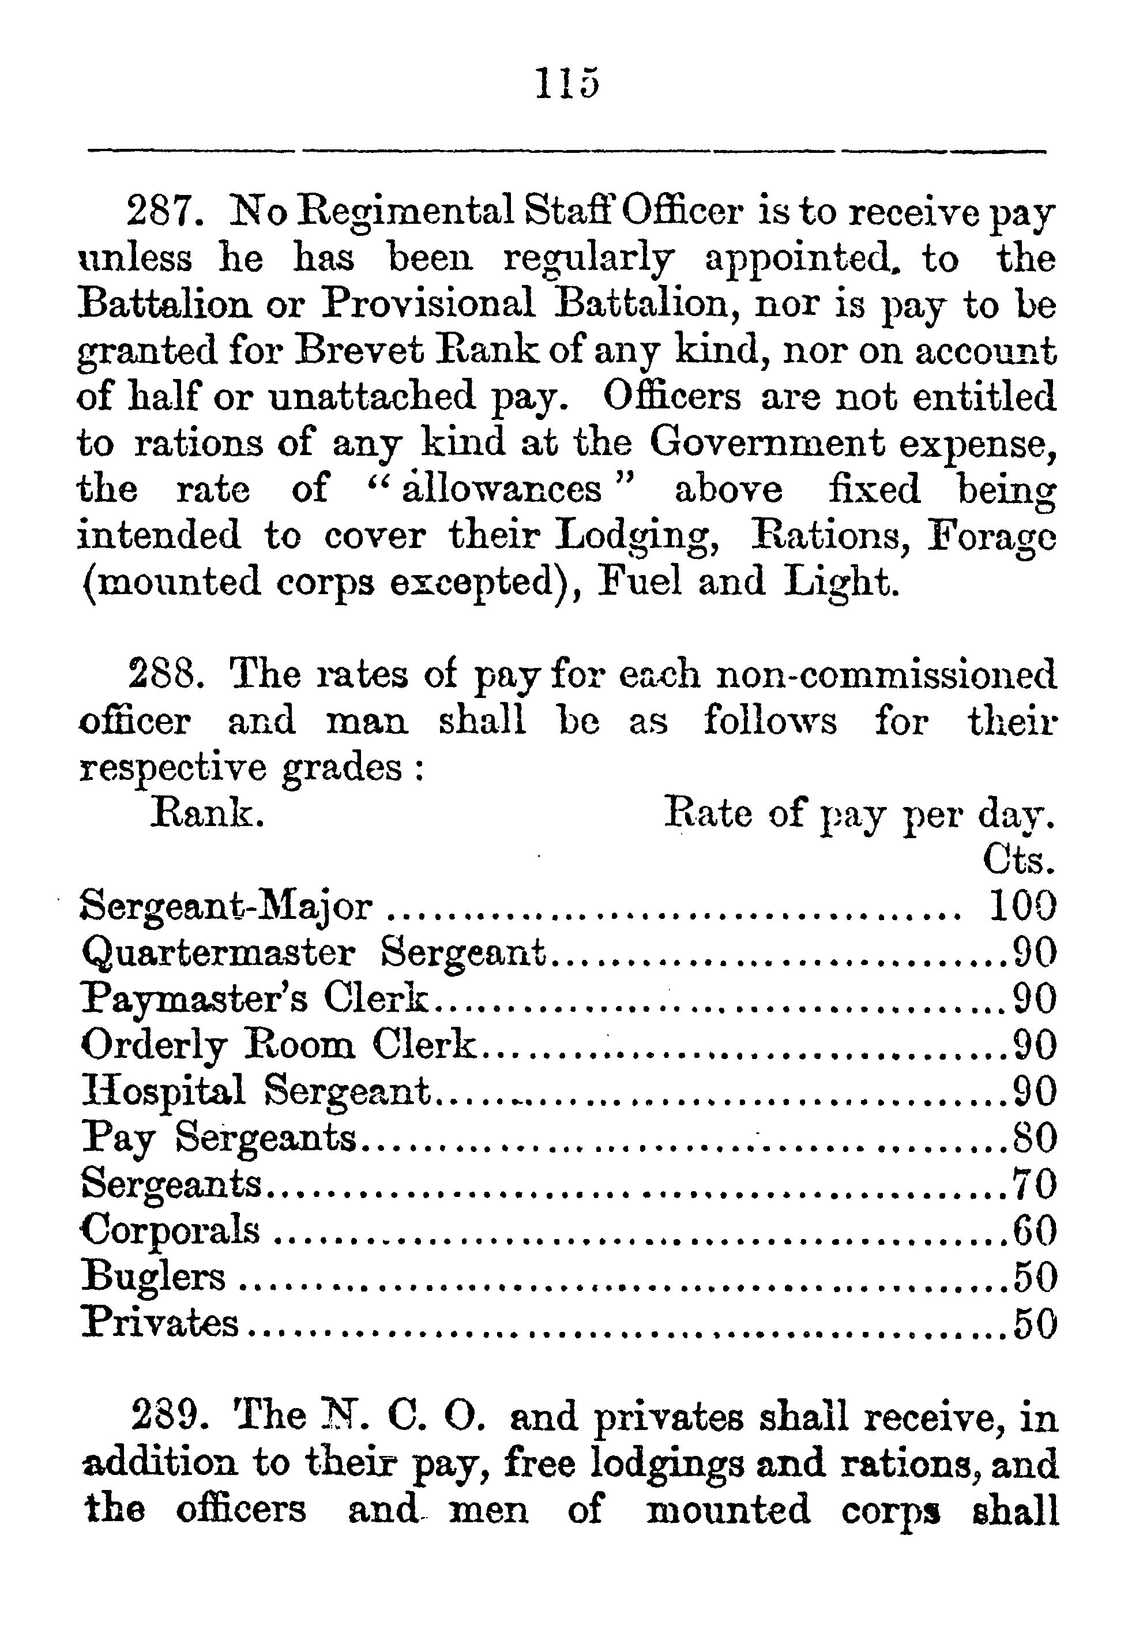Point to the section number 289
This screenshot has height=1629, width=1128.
(169, 1416)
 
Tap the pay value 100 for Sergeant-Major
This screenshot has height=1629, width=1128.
(1022, 906)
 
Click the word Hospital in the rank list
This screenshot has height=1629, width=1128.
(163, 1093)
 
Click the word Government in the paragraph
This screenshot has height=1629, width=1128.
(767, 444)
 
